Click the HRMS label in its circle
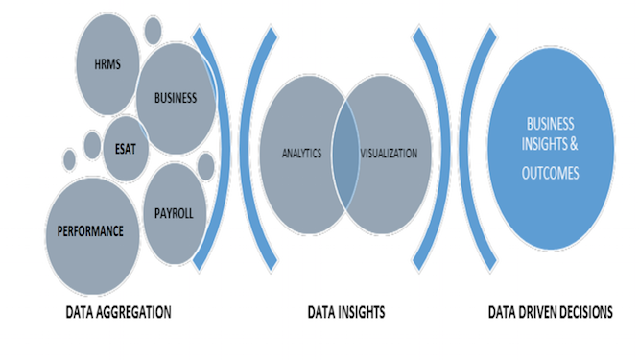[x=107, y=64]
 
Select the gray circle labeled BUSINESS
[x=176, y=99]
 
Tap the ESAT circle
[x=126, y=149]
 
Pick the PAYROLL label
[x=174, y=213]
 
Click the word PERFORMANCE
[x=90, y=231]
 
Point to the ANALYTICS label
[x=301, y=154]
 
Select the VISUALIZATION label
[x=389, y=154]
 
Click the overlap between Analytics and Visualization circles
[x=346, y=155]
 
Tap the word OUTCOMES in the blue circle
[x=550, y=173]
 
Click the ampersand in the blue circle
[x=574, y=143]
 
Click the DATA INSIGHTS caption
[x=346, y=312]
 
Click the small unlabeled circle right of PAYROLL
[x=205, y=166]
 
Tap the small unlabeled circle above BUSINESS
[x=153, y=30]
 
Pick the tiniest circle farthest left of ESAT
[x=69, y=159]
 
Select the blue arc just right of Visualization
[x=439, y=148]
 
